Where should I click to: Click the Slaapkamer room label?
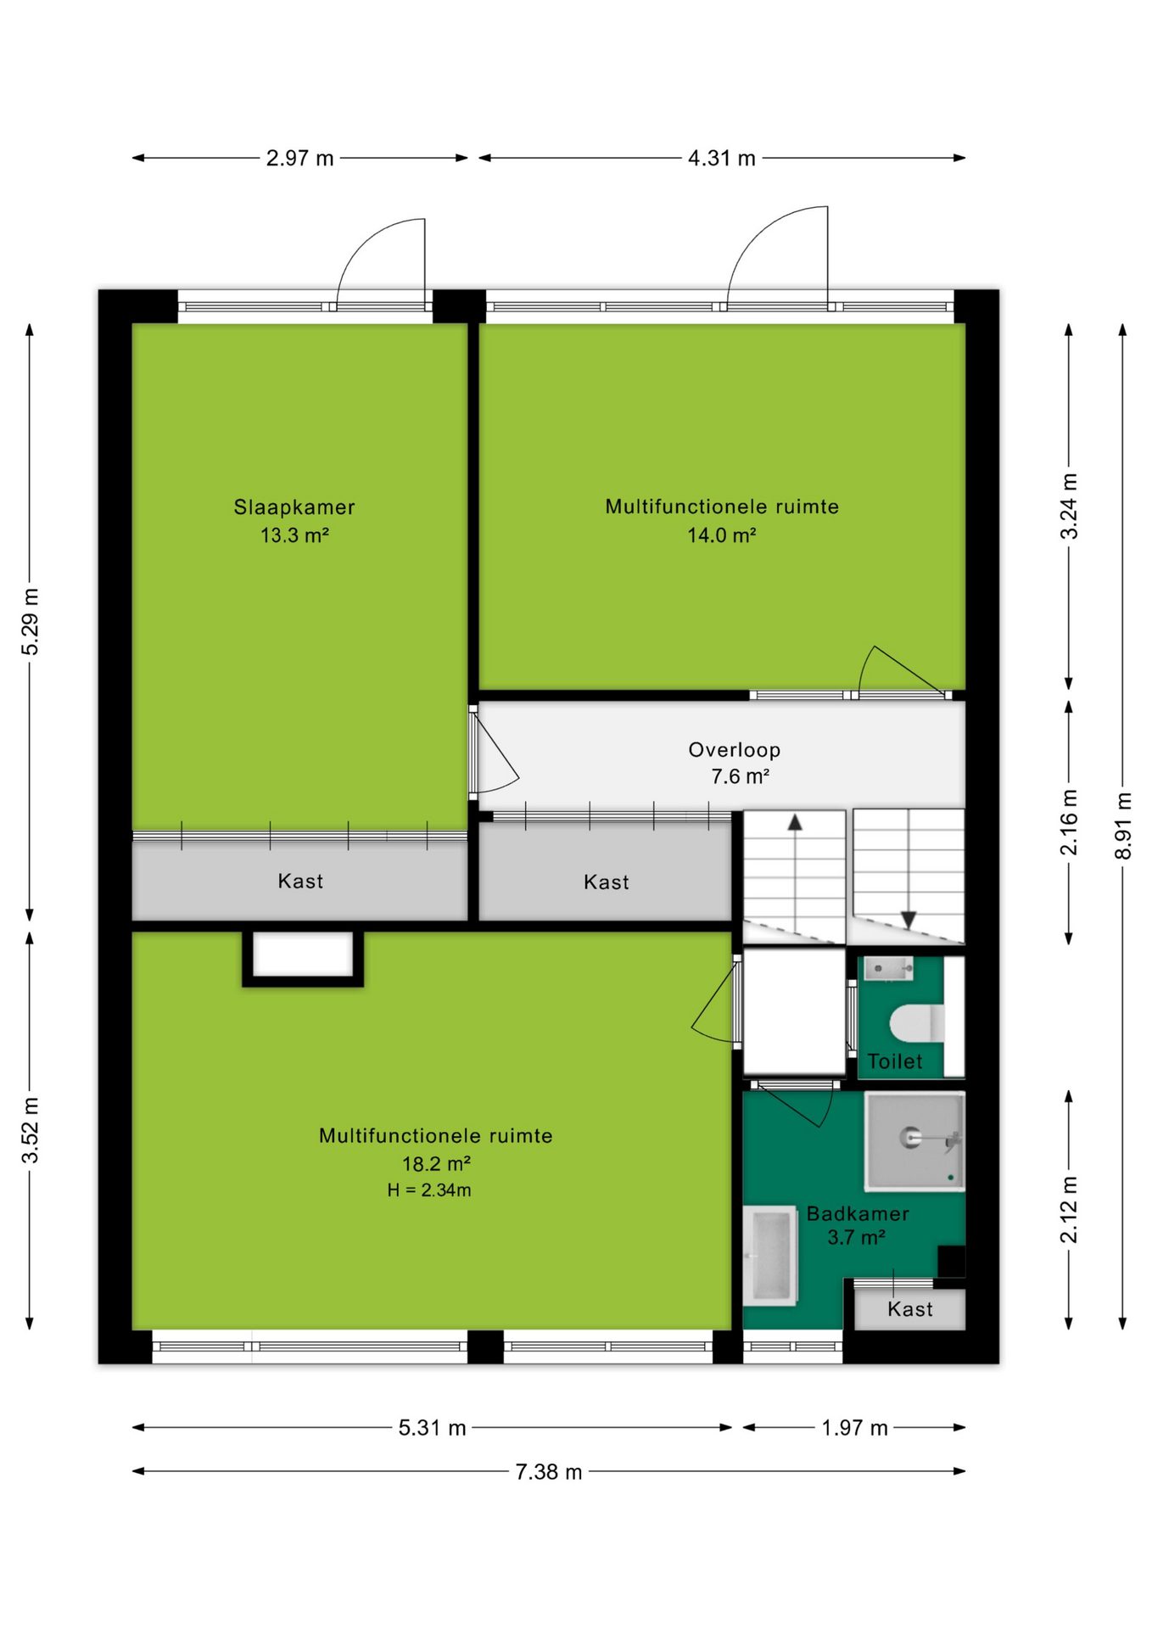pyautogui.click(x=294, y=507)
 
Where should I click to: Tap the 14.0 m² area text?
pyautogui.click(x=722, y=535)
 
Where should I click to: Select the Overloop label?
pyautogui.click(x=735, y=749)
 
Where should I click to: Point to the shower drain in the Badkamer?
pyautogui.click(x=911, y=1137)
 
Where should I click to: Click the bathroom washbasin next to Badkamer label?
pyautogui.click(x=770, y=1255)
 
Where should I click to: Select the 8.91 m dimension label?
pyautogui.click(x=1123, y=826)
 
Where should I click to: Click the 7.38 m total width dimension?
pyautogui.click(x=549, y=1471)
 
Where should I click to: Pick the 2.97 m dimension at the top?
pyautogui.click(x=299, y=158)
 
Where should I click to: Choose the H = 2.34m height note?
pyautogui.click(x=429, y=1190)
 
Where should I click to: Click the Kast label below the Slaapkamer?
pyautogui.click(x=300, y=881)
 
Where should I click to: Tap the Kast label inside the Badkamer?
pyautogui.click(x=910, y=1309)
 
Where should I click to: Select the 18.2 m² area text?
pyautogui.click(x=436, y=1163)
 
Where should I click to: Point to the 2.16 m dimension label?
pyautogui.click(x=1069, y=822)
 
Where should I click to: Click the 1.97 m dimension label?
pyautogui.click(x=854, y=1428)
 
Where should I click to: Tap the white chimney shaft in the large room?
pyautogui.click(x=303, y=954)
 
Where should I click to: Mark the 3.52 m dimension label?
pyautogui.click(x=30, y=1130)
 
